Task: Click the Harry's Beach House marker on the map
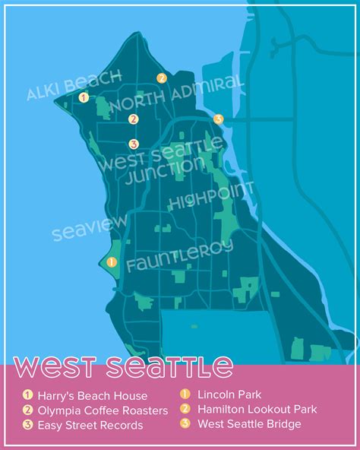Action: (x=84, y=97)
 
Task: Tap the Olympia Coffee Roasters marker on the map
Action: (x=134, y=119)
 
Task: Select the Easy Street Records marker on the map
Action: (x=134, y=144)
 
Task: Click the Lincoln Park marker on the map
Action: (x=111, y=262)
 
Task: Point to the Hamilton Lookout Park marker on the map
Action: (x=161, y=78)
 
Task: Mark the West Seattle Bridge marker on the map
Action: (x=218, y=119)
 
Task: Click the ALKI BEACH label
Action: (x=74, y=85)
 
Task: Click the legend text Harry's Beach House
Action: (x=92, y=395)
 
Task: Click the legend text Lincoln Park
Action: (x=229, y=395)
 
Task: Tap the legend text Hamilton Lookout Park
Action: (x=257, y=410)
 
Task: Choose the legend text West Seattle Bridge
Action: (x=249, y=424)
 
